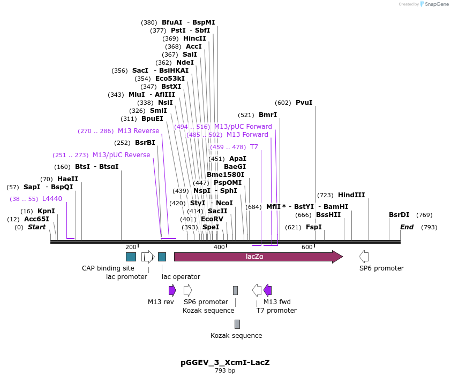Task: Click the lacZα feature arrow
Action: (x=258, y=257)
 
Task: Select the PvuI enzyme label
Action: (x=304, y=103)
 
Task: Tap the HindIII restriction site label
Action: (x=351, y=195)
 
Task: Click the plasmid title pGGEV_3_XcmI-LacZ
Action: (x=225, y=362)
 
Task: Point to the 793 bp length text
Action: (x=225, y=370)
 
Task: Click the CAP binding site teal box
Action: (x=131, y=257)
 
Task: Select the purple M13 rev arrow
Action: (x=172, y=290)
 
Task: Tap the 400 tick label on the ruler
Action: (x=219, y=247)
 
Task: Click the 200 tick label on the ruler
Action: (x=131, y=247)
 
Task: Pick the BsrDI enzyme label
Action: (x=399, y=215)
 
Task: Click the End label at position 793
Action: (x=407, y=227)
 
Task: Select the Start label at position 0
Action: (x=36, y=227)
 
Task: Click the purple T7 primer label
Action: (x=254, y=147)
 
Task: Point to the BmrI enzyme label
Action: (x=268, y=115)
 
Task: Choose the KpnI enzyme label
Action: (x=46, y=211)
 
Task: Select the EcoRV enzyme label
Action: (x=212, y=219)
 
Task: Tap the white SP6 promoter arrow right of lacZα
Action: (x=364, y=257)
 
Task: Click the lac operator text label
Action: (x=181, y=277)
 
